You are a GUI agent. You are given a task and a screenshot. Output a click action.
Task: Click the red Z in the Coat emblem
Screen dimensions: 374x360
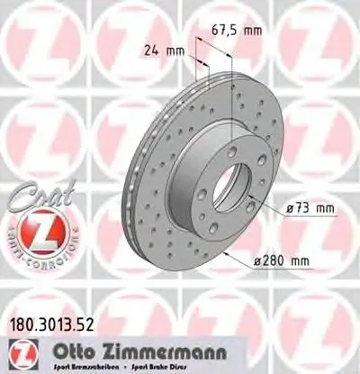(33, 233)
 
